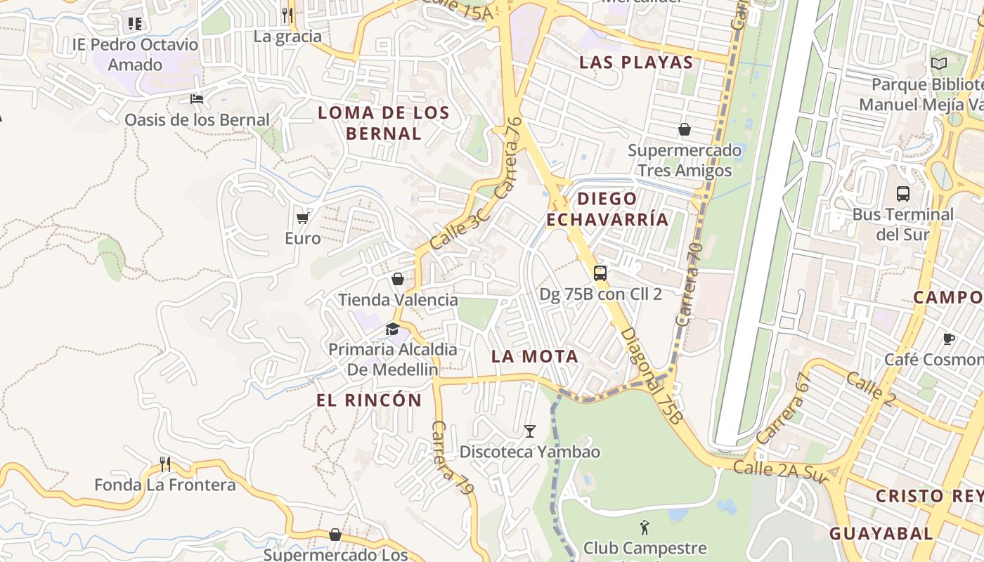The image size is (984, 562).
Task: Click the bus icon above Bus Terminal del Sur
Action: coord(903,194)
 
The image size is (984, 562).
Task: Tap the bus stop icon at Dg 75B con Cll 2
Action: coord(600,273)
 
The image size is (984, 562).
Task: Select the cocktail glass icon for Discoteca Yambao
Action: coord(530,431)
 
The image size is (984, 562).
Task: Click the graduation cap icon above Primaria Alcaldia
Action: coord(392,329)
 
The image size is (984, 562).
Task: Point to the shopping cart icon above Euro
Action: coord(302,218)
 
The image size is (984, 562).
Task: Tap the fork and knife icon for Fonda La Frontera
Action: coord(165,464)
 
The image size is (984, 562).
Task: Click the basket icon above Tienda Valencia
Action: coord(398,279)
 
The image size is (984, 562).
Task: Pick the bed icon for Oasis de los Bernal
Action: coord(197,99)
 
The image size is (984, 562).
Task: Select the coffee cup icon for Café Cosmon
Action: coord(948,339)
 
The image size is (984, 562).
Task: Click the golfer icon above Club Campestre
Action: coord(645,527)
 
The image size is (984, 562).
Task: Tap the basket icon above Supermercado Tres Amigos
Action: coord(684,129)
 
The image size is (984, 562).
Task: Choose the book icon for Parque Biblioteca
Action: coord(939,64)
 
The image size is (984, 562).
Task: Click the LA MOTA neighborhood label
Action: coord(535,356)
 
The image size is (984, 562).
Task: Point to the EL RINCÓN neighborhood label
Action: coord(369,400)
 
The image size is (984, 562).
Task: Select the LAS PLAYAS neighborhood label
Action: coord(636,62)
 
